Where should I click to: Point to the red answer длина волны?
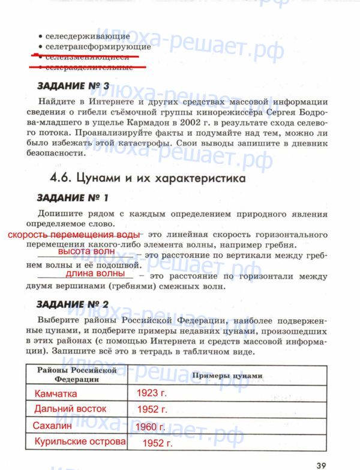point(95,274)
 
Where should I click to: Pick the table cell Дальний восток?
point(70,409)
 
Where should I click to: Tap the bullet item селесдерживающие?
point(87,36)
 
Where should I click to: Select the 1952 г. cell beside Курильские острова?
point(157,444)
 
